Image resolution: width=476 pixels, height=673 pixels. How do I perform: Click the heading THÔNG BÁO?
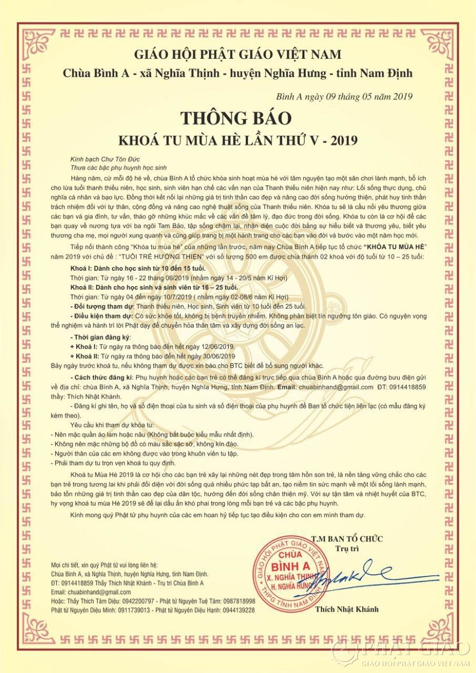[x=237, y=118]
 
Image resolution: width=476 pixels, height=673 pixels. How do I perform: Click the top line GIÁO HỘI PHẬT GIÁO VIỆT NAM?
[x=237, y=54]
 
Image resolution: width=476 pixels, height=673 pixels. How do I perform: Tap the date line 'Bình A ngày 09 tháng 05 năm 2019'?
[x=344, y=96]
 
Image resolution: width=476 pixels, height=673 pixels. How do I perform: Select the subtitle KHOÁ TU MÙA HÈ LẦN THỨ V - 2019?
[x=237, y=140]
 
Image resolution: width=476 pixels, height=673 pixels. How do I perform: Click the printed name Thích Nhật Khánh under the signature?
[x=347, y=609]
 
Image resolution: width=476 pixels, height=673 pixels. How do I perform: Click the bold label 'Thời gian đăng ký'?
[x=102, y=336]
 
